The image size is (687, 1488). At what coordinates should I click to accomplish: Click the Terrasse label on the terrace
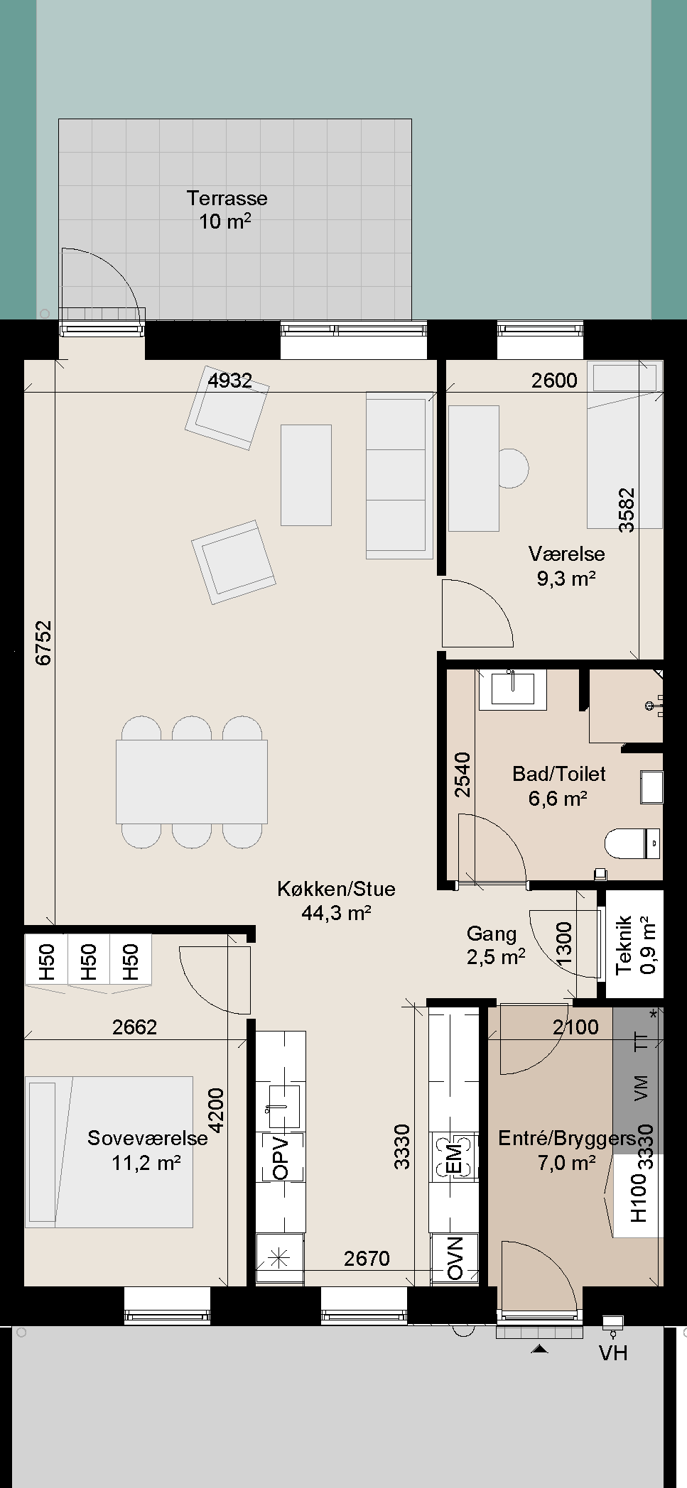pos(227,198)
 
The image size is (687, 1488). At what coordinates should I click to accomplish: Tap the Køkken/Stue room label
pos(336,889)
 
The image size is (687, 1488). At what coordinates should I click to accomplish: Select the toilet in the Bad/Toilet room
pos(633,843)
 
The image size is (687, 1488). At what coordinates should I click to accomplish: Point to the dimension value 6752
pos(44,643)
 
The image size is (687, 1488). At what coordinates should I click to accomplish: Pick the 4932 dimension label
pos(229,381)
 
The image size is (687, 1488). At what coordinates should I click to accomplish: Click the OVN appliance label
pos(455,1259)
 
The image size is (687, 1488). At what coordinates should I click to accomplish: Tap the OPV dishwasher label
pos(281,1158)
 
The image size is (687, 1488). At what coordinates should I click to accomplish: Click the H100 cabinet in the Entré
pos(639,1197)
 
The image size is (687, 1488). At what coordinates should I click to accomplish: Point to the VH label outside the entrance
pos(613,1353)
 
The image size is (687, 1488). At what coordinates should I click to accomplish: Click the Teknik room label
pos(624,945)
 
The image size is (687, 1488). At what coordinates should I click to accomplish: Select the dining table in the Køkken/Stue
pos(192,782)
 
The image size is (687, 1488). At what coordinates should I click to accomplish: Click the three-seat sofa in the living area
pos(399,475)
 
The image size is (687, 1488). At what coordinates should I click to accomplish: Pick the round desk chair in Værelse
pos(514,469)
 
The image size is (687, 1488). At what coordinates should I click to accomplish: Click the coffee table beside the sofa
pos(306,475)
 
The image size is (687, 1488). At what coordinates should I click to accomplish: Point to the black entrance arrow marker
pos(540,1349)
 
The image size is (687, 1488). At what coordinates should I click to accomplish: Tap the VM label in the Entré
pos(641,1088)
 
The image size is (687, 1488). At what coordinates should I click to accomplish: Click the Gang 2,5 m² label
pos(496,945)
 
